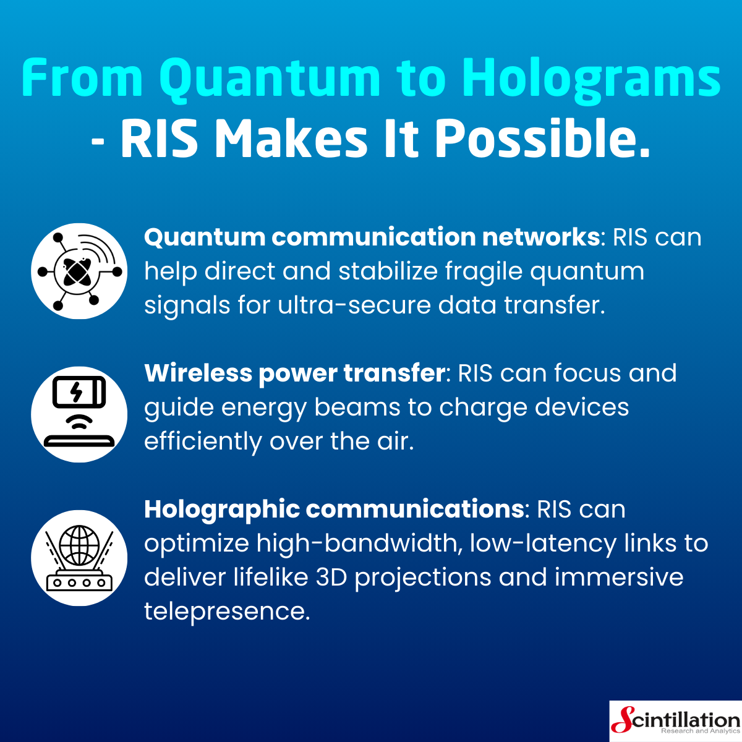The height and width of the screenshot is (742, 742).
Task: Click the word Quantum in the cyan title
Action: pyautogui.click(x=270, y=79)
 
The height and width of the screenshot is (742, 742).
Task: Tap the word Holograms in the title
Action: pyautogui.click(x=591, y=79)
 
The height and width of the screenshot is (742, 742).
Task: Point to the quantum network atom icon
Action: pyautogui.click(x=79, y=271)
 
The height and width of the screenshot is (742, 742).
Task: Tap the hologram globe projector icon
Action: pyautogui.click(x=79, y=558)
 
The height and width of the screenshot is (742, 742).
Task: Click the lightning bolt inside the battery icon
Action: pyautogui.click(x=77, y=392)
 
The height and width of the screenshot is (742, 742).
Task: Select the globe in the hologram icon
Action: pyautogui.click(x=79, y=545)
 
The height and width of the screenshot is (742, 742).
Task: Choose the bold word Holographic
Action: pyautogui.click(x=222, y=510)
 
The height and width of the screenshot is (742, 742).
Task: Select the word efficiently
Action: pyautogui.click(x=203, y=441)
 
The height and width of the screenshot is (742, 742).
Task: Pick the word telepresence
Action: pyautogui.click(x=227, y=611)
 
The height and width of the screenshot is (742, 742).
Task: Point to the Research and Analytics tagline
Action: pyautogui.click(x=701, y=731)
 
